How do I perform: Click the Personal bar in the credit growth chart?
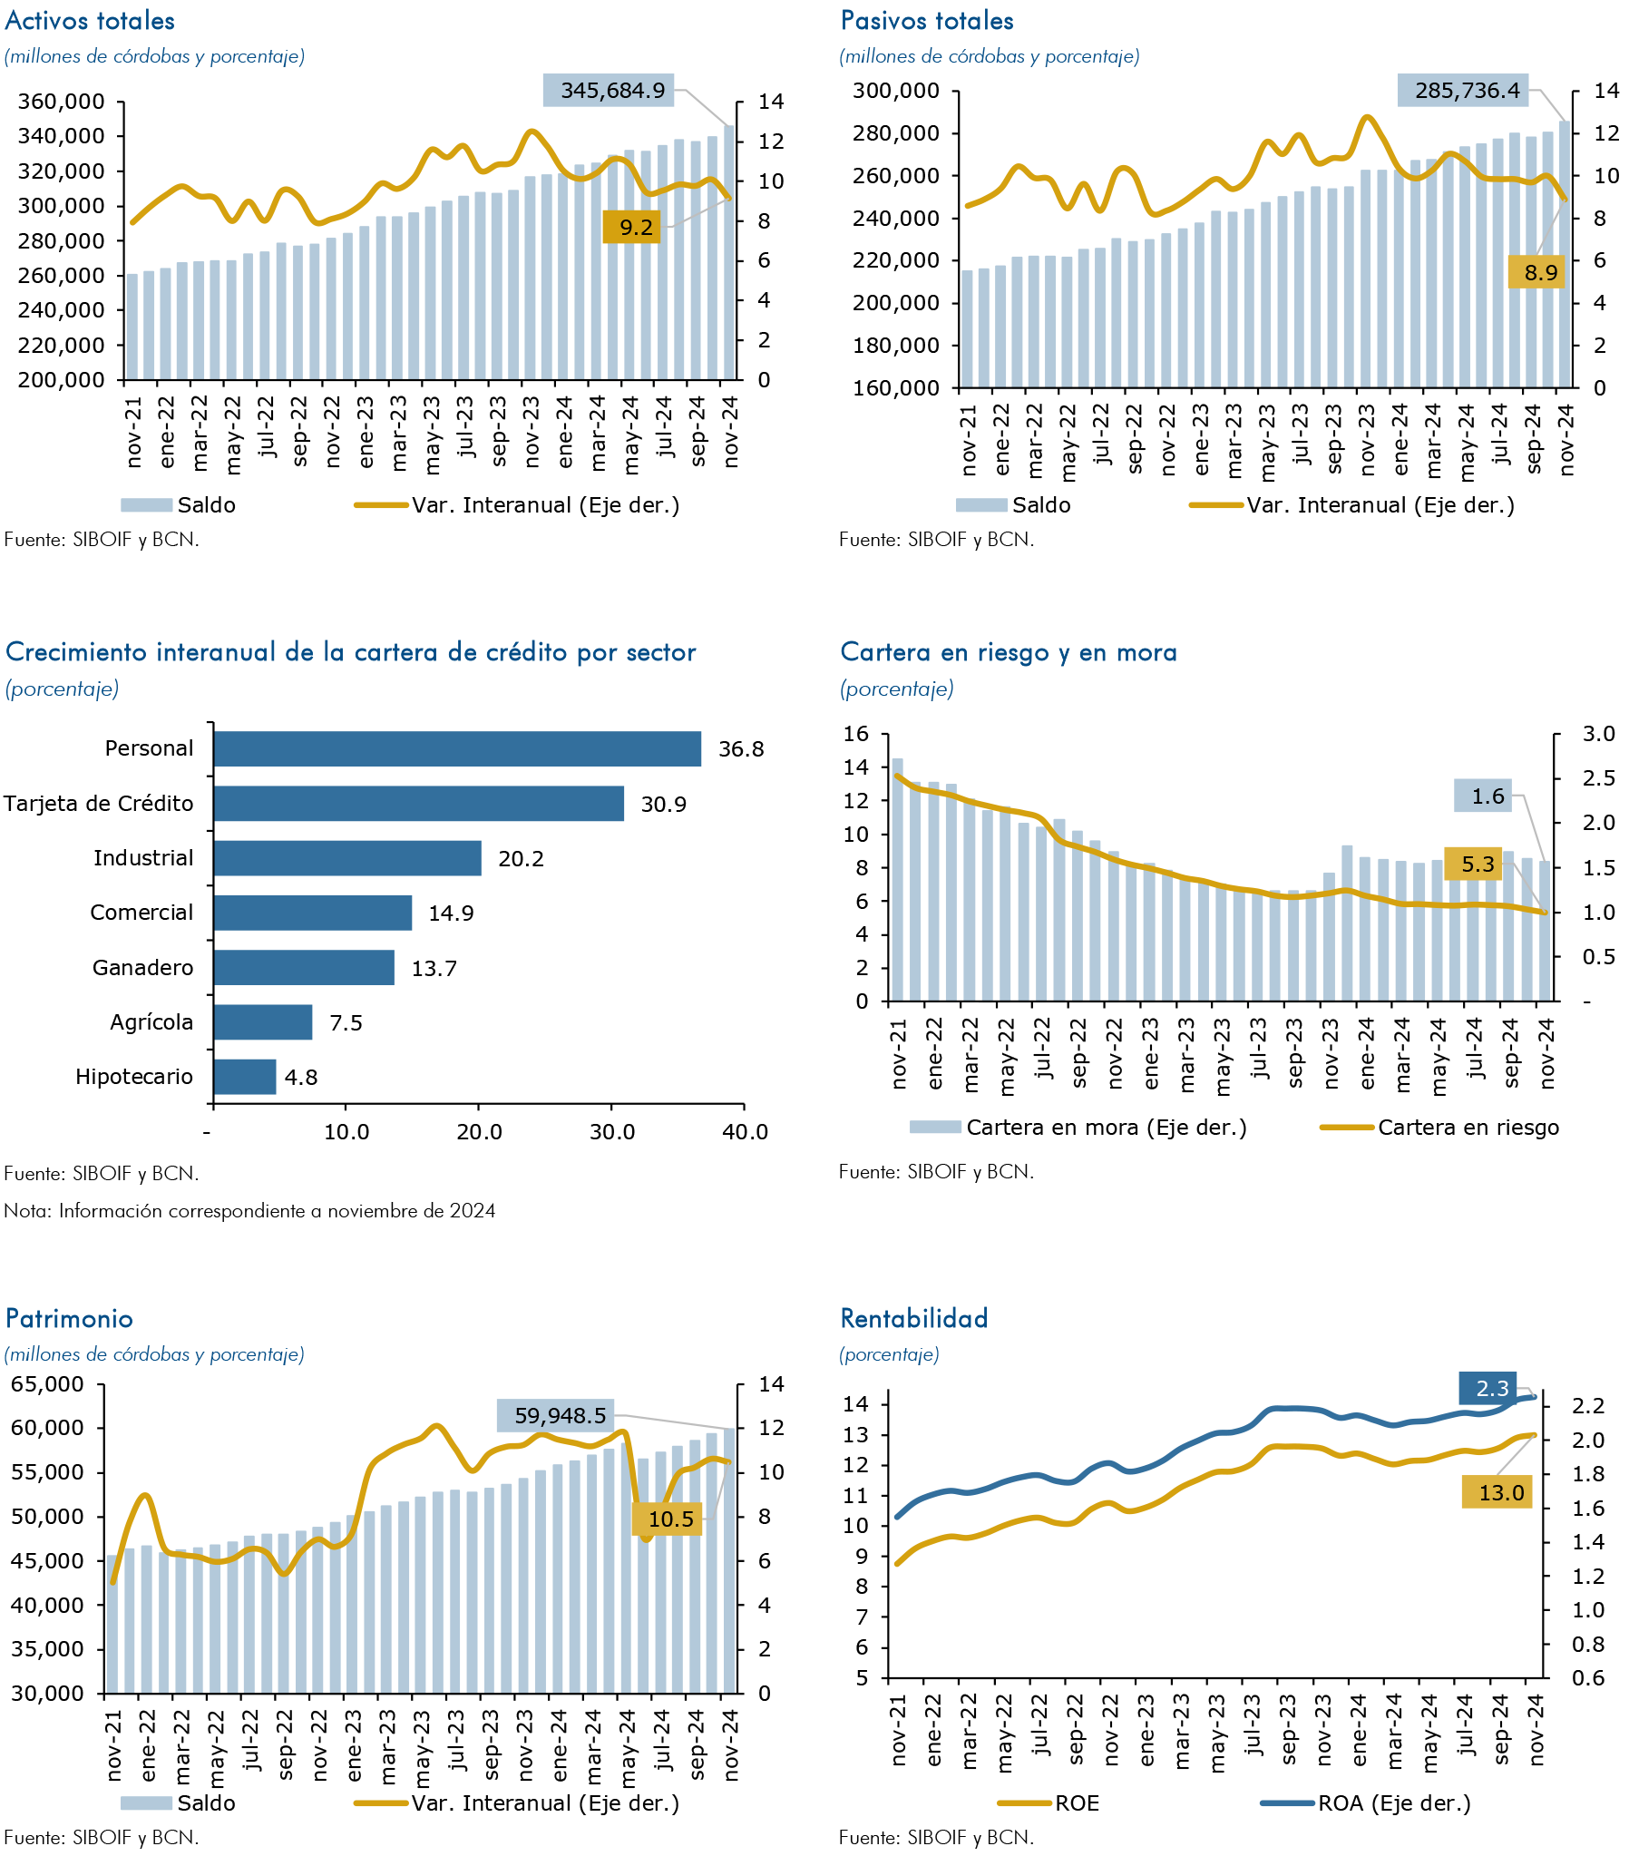(x=457, y=748)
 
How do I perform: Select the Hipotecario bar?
(x=245, y=1076)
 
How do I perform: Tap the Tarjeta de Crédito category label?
(x=98, y=804)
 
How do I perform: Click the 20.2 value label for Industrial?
(x=522, y=858)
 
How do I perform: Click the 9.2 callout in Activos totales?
(x=632, y=226)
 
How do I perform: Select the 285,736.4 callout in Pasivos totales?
(x=1463, y=90)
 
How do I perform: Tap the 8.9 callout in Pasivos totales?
(x=1536, y=271)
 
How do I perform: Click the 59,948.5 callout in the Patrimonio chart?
(x=556, y=1415)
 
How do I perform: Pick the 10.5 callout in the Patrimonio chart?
(x=668, y=1519)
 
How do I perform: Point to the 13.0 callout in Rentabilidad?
(x=1497, y=1492)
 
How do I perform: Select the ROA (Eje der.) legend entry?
(x=1366, y=1802)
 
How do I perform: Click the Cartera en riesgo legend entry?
(x=1440, y=1127)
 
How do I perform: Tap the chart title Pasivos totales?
(x=927, y=21)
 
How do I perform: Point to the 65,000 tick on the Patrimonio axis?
(x=46, y=1384)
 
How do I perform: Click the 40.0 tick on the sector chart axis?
(x=746, y=1132)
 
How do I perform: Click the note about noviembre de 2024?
(x=249, y=1210)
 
